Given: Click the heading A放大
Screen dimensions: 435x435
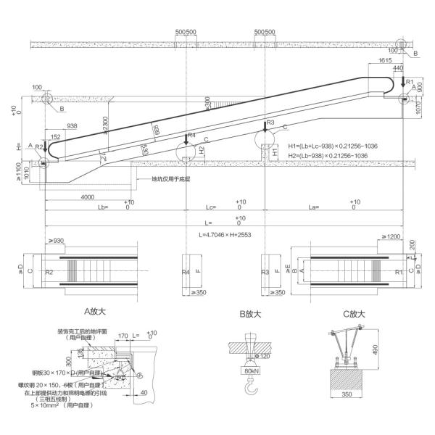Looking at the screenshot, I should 96,313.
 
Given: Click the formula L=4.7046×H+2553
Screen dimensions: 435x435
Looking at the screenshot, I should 225,236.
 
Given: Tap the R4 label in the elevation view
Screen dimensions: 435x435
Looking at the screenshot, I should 191,136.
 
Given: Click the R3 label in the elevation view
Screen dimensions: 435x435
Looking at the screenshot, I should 270,123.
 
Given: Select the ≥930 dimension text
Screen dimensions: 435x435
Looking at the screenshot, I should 56,240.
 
